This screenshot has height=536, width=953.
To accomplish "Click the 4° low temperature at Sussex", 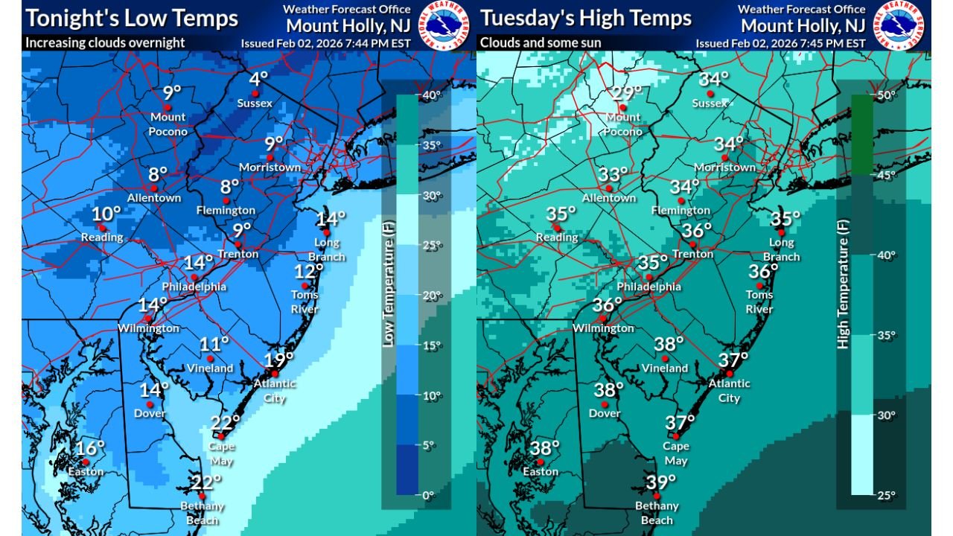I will click(x=258, y=78).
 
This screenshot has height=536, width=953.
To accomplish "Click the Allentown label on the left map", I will click(x=154, y=198).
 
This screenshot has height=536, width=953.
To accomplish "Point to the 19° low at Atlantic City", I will click(x=278, y=360).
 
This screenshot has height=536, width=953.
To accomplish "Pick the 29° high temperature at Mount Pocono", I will click(x=627, y=93).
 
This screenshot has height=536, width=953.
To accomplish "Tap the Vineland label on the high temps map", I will click(x=665, y=368).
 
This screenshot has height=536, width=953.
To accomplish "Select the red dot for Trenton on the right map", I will click(x=692, y=244).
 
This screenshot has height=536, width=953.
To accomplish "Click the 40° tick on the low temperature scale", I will click(x=432, y=95).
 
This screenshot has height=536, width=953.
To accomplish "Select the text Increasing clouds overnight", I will click(x=105, y=42).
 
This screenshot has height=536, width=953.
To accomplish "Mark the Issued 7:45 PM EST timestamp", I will click(x=780, y=43).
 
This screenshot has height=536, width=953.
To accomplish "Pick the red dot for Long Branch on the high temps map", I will click(x=781, y=232).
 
